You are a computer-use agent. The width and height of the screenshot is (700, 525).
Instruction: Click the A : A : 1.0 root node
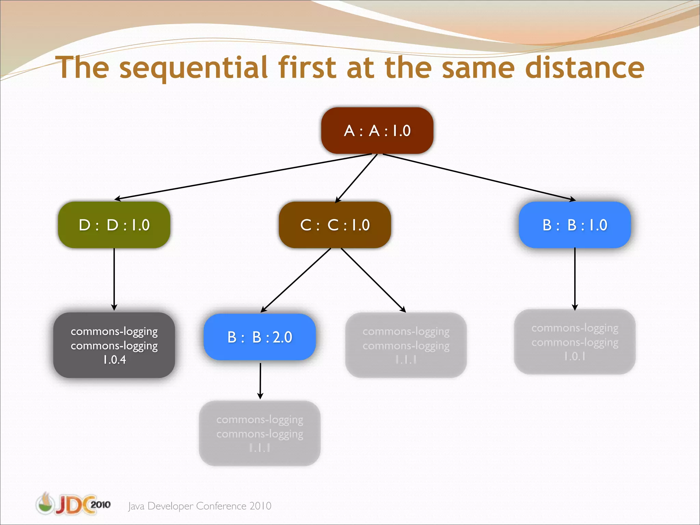click(x=377, y=131)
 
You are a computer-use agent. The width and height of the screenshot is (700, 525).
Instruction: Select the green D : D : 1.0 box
click(x=114, y=225)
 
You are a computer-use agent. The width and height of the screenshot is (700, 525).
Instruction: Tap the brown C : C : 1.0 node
click(x=335, y=225)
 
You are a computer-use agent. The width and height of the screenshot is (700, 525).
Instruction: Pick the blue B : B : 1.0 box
click(x=575, y=225)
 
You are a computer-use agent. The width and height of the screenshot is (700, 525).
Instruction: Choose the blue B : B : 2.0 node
click(x=260, y=337)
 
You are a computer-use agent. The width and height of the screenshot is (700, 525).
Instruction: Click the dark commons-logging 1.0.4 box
click(x=114, y=345)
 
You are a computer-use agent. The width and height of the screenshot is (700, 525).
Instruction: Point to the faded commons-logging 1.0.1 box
click(x=575, y=342)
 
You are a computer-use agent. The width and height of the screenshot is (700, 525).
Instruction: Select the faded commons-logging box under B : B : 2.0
click(x=260, y=433)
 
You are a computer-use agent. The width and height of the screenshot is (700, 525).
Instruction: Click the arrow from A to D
click(x=243, y=176)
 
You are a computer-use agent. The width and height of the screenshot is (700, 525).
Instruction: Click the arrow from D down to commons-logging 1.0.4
click(x=114, y=279)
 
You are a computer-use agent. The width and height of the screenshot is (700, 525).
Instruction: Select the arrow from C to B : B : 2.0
click(x=296, y=280)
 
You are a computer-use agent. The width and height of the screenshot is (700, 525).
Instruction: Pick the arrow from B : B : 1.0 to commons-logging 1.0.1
click(x=575, y=279)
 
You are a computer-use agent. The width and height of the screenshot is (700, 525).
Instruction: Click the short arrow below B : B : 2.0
click(x=260, y=380)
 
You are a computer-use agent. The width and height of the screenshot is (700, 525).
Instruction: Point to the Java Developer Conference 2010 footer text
click(x=200, y=506)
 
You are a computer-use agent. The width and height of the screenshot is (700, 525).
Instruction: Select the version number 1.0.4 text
click(x=115, y=360)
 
